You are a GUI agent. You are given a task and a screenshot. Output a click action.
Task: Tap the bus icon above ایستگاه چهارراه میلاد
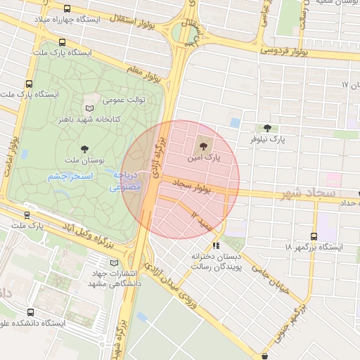click(67, 8)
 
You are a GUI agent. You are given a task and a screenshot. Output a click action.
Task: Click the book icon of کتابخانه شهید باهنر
click(88, 108)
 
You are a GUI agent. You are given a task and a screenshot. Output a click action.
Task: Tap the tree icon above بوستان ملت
click(85, 148)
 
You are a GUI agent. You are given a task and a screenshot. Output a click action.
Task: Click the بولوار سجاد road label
click(192, 186)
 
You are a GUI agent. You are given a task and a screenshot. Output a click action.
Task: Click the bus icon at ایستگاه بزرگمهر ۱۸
click(314, 236)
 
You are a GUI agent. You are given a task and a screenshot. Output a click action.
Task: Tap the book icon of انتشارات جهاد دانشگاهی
click(114, 263)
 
